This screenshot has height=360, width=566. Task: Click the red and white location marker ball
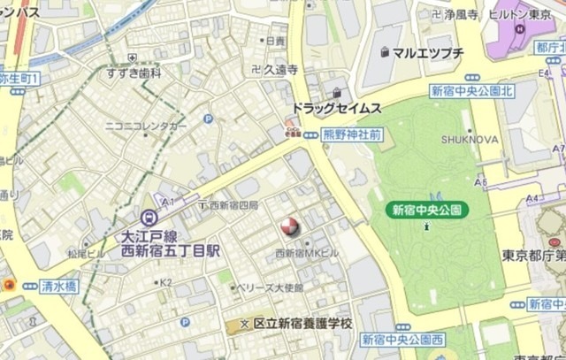(289, 227)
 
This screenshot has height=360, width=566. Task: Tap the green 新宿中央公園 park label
(428, 210)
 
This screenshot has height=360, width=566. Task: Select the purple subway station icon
(148, 216)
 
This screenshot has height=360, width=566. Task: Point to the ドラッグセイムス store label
(337, 108)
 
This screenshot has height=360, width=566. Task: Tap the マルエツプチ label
(428, 53)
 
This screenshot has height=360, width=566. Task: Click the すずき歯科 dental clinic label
(133, 73)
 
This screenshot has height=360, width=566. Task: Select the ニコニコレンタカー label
(146, 126)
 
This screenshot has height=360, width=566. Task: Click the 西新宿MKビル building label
(306, 253)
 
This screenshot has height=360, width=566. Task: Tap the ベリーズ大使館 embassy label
(272, 287)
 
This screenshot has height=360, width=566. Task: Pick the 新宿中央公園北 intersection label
(471, 91)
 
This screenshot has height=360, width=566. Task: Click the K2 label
(165, 283)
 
